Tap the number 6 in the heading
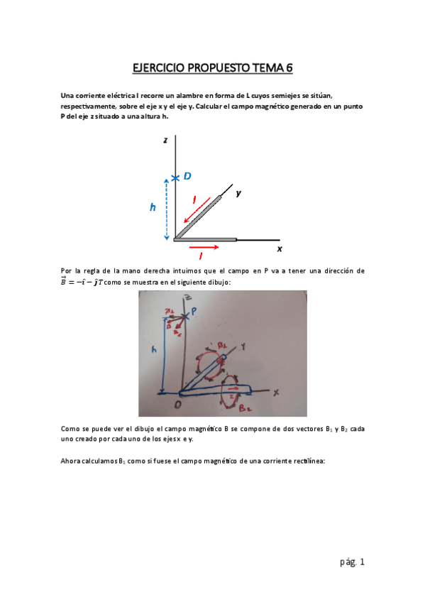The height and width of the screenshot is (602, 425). coord(289,68)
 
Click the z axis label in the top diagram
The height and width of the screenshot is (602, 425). coord(165,141)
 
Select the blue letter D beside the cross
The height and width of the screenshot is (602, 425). coord(187,175)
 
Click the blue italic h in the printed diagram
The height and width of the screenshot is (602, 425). coord(152,207)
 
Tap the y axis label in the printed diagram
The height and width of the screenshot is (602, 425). coord(238,192)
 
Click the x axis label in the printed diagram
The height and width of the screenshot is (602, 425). coord(280,249)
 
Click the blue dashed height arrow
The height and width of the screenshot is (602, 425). coord(167,209)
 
